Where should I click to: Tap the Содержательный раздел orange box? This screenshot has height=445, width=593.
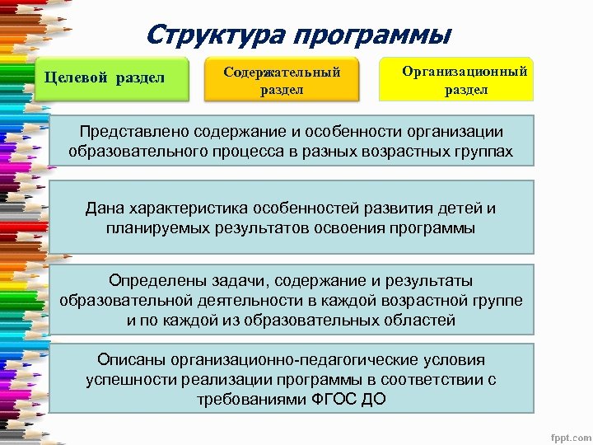point(282,80)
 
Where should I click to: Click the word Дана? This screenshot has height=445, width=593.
point(103,208)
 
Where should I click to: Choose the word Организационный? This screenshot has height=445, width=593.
point(465,72)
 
